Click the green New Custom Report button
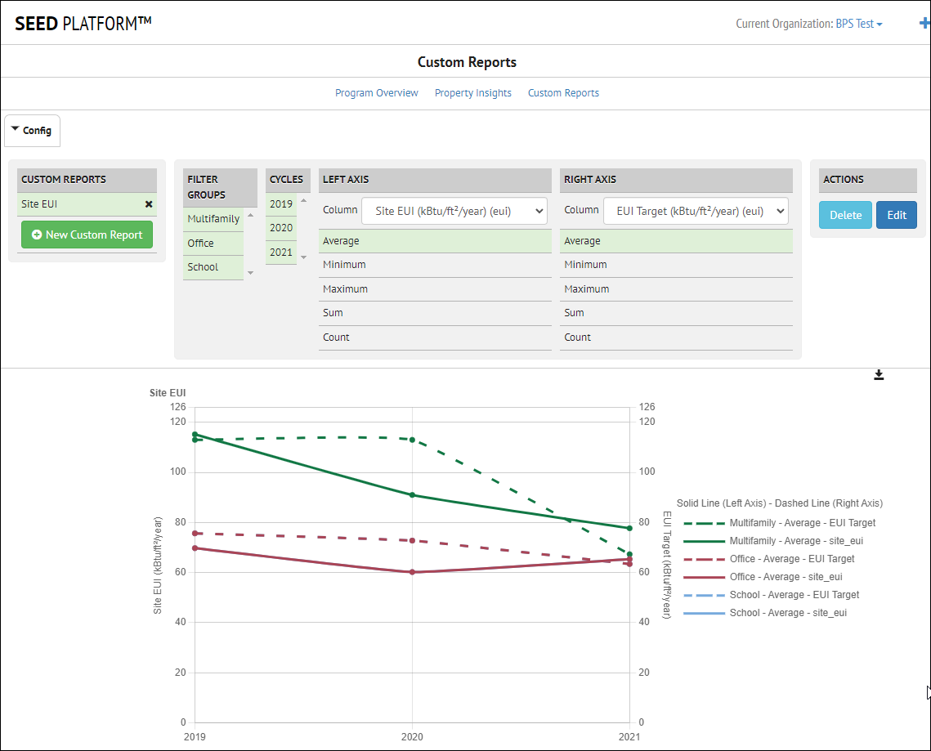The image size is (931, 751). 87,235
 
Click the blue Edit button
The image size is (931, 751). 897,215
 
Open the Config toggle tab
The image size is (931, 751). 33,131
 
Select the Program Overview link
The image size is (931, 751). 376,93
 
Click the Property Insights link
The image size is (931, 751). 472,93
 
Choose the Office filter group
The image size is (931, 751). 201,243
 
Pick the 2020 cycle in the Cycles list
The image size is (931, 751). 281,228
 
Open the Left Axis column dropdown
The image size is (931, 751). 454,211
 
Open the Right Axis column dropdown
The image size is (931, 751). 696,211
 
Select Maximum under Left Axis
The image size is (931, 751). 346,289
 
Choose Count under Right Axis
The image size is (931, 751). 578,338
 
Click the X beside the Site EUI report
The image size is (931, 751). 149,204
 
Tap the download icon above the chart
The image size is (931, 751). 879,375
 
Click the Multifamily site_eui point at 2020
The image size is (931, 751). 412,494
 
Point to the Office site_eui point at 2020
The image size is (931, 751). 412,572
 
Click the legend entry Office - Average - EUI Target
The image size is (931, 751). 791,559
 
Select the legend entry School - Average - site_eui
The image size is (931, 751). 787,613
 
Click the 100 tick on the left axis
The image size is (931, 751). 177,472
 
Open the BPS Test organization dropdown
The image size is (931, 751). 858,24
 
